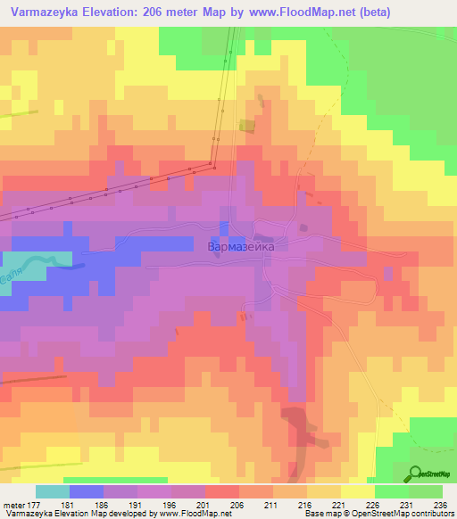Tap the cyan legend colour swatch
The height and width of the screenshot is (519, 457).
(52, 491)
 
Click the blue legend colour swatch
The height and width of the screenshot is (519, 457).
(86, 491)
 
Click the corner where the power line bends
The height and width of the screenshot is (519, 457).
(212, 165)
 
